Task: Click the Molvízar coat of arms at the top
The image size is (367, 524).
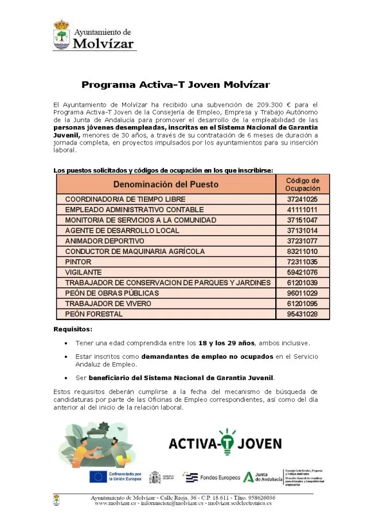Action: (x=61, y=35)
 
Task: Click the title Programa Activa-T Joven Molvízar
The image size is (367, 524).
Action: (x=175, y=85)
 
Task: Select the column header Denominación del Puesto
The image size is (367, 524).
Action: (x=166, y=184)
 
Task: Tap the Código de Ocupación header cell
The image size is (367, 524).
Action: (x=302, y=184)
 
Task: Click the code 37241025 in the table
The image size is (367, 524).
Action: (x=302, y=200)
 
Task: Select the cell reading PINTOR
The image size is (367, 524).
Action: (x=78, y=262)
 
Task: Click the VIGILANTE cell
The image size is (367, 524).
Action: (x=83, y=272)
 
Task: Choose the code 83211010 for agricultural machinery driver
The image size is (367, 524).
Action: (x=302, y=252)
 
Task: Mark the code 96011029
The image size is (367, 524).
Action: (x=302, y=293)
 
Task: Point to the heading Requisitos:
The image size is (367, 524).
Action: (x=72, y=329)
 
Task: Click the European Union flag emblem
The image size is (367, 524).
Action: (x=97, y=476)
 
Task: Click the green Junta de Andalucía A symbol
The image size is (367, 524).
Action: (x=248, y=476)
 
